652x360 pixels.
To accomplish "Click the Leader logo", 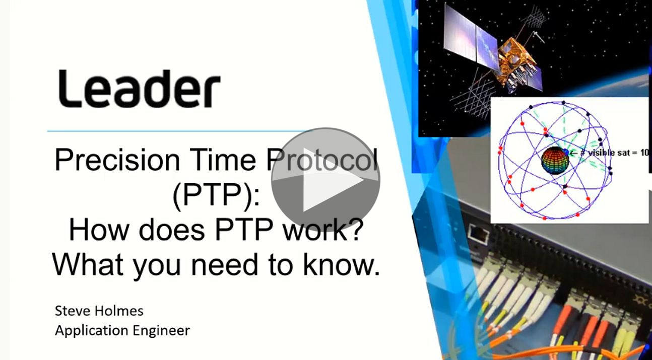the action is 139,89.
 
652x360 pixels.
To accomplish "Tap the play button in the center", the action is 325,180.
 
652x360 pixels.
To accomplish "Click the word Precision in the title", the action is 117,160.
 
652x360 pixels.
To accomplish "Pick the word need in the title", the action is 225,265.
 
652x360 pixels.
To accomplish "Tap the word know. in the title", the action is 342,265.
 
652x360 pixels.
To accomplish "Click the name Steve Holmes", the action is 99,311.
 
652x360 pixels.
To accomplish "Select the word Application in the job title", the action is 92,331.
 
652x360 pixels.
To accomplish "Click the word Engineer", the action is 161,331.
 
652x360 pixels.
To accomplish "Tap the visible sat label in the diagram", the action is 614,153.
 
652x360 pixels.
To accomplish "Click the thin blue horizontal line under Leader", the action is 177,131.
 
